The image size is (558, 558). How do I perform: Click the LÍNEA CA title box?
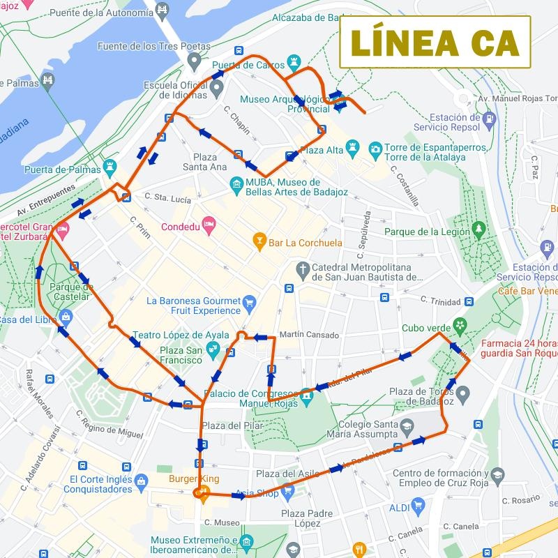coord(435,42)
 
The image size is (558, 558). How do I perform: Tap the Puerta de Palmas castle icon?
coord(110,167)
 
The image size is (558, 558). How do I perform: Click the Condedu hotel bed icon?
coord(209,225)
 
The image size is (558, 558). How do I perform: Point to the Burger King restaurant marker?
coord(199,494)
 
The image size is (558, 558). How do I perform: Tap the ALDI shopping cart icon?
coord(418,506)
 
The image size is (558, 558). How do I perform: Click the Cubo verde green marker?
coord(460,325)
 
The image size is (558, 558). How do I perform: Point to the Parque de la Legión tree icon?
coord(478,229)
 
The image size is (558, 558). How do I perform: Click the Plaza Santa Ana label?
coord(204,162)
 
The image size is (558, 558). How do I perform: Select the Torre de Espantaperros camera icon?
coord(375,149)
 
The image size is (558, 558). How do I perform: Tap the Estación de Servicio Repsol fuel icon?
coord(491,119)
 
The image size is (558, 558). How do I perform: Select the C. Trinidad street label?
coord(440,301)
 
